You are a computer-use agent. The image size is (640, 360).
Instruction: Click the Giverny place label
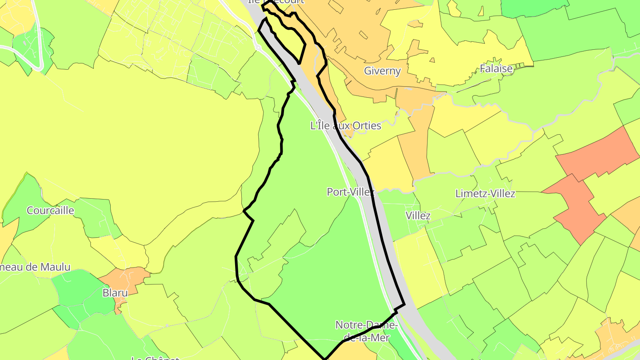coord(382,71)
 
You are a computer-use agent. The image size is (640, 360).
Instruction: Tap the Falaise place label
coord(496,68)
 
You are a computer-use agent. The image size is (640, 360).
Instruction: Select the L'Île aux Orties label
coord(346,126)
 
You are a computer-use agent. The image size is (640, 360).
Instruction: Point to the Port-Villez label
coord(351,192)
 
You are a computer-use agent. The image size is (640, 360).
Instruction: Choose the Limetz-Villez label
coord(485,194)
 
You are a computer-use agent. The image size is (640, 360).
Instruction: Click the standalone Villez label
coord(418,216)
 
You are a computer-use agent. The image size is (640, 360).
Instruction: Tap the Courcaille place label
coord(50,210)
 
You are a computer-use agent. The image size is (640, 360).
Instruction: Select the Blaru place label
coord(115,293)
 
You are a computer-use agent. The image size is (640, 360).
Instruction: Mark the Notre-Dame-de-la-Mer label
coord(366,331)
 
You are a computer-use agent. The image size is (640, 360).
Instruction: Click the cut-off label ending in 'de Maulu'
coord(36,267)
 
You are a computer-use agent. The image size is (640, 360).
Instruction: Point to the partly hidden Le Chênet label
coord(155,357)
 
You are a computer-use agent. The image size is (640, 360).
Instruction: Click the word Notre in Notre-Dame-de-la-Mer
coord(348,325)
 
